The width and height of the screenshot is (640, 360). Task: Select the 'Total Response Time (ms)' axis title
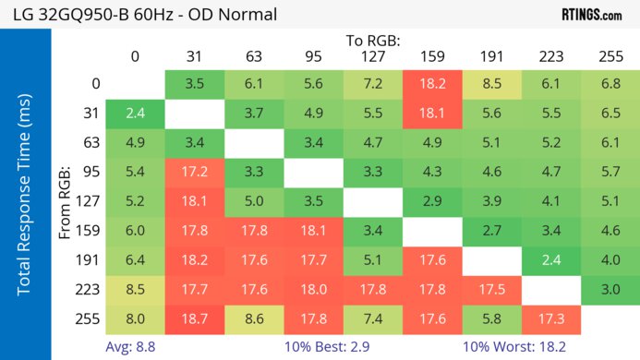(x=27, y=195)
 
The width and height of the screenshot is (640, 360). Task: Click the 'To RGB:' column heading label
(x=374, y=42)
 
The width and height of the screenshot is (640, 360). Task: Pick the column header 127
(x=373, y=57)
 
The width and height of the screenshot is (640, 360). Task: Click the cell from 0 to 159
(x=432, y=83)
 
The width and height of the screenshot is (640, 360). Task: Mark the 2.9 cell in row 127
(x=432, y=201)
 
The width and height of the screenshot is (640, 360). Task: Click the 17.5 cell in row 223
(x=491, y=290)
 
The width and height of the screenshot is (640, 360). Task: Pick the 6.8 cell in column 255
(x=610, y=83)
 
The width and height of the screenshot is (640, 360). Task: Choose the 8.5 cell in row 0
(x=491, y=83)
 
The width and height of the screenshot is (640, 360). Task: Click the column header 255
(x=610, y=57)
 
